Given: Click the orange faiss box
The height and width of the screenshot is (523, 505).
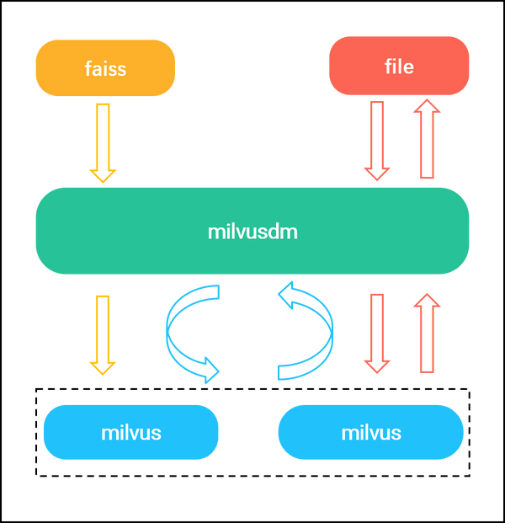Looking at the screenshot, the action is [x=105, y=68].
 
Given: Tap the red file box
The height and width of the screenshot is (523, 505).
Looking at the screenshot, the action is [x=399, y=66].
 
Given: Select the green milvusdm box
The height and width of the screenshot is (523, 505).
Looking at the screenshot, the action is [x=252, y=231].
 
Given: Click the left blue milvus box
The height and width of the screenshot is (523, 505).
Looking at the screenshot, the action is [x=131, y=432].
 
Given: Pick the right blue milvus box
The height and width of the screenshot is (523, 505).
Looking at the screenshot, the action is [x=370, y=432].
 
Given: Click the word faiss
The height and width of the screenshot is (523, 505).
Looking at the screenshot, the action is [x=105, y=69].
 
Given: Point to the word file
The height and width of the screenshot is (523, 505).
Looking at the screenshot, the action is [x=399, y=67].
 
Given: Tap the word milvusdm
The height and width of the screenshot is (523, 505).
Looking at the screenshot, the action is [x=252, y=232].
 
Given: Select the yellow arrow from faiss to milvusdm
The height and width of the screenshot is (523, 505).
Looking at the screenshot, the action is [x=103, y=143].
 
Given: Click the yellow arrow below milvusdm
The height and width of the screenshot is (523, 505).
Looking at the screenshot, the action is [x=103, y=335].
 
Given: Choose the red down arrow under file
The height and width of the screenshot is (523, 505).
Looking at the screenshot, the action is [x=377, y=141].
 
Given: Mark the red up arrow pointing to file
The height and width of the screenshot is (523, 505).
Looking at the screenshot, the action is [x=427, y=138].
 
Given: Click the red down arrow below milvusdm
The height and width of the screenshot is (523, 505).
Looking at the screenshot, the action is [x=377, y=334].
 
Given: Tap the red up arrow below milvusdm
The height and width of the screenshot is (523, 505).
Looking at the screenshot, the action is [x=427, y=333].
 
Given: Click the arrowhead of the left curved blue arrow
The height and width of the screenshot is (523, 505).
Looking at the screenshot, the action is [x=210, y=371].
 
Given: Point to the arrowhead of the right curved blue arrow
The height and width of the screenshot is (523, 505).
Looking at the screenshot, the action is [x=286, y=295].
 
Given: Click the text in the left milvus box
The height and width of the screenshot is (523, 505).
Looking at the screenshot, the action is [x=131, y=433].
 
